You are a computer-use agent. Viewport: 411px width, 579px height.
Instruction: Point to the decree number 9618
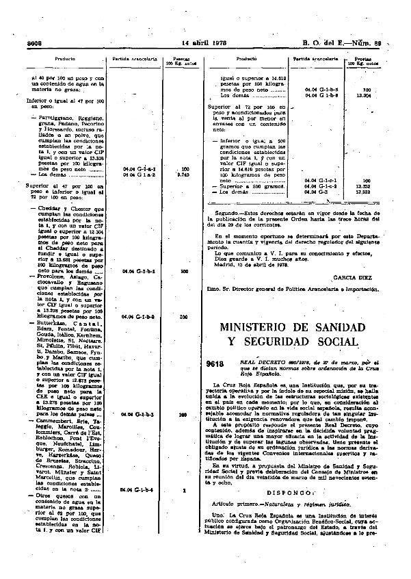tap(217, 361)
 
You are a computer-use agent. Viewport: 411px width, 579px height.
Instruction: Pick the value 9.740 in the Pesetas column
tap(182, 175)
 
